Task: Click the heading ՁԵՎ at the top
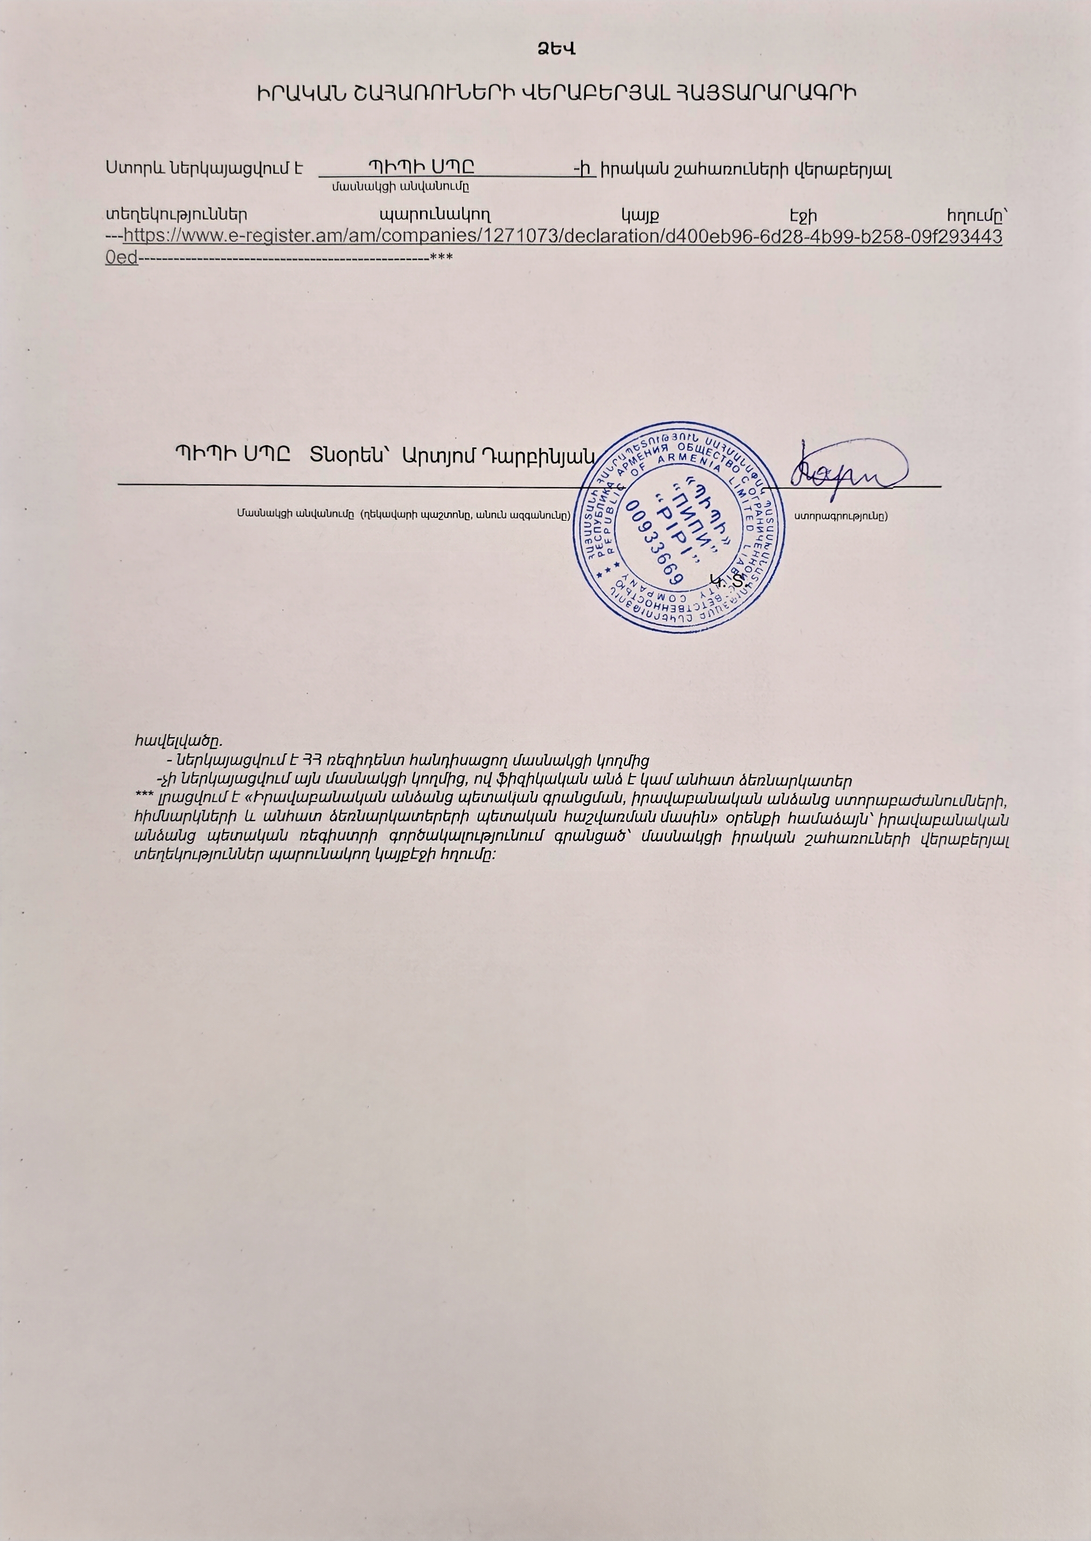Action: tap(556, 50)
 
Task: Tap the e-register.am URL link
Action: tap(563, 237)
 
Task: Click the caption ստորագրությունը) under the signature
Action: tap(841, 516)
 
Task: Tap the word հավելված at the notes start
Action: tap(177, 741)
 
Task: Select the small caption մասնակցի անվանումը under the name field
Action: tap(401, 187)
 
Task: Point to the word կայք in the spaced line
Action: tap(640, 215)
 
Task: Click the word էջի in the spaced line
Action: tap(803, 215)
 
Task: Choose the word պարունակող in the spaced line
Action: tap(435, 215)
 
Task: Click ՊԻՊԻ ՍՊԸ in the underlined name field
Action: tap(426, 166)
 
